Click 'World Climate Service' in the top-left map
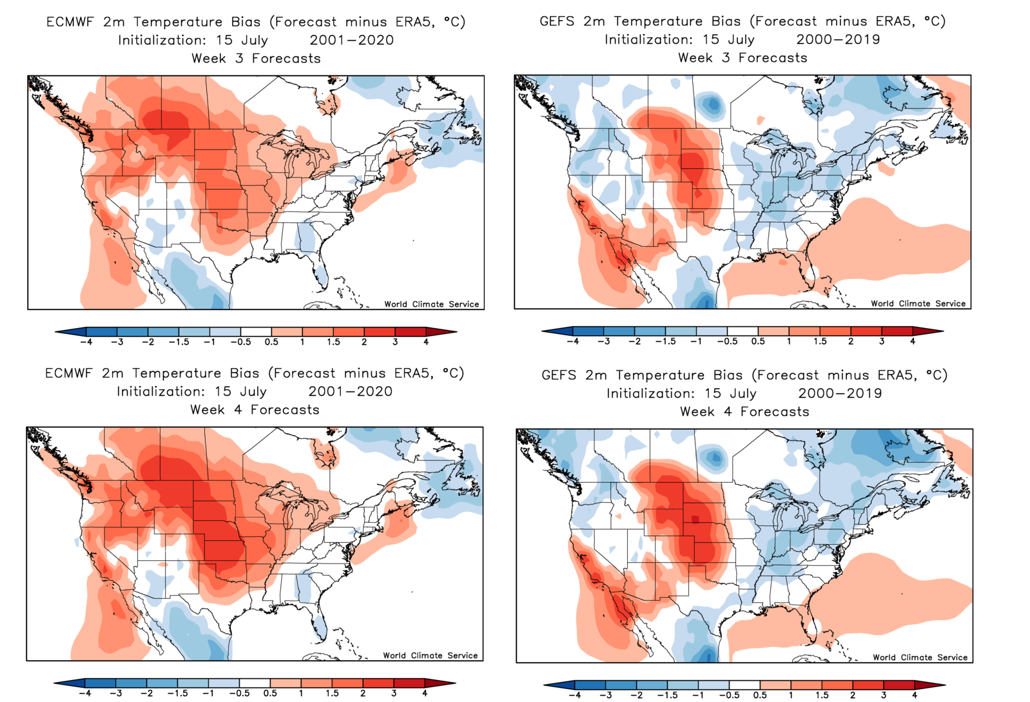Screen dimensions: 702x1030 tap(431, 304)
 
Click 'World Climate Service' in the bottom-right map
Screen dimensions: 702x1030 tap(920, 658)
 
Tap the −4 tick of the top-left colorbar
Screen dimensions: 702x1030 tap(86, 342)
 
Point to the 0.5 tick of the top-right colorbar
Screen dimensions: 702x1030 tap(758, 341)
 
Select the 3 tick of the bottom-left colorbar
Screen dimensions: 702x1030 tap(394, 693)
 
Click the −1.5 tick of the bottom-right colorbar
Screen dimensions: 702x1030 tap(667, 695)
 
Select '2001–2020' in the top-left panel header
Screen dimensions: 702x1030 tap(351, 40)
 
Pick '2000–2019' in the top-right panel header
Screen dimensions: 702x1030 tap(838, 39)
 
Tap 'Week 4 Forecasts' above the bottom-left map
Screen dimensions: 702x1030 tap(255, 410)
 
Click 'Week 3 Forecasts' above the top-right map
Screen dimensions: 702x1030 tap(743, 58)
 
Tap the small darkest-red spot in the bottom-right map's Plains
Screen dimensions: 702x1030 tap(695, 519)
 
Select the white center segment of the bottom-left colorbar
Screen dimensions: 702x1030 tap(255, 683)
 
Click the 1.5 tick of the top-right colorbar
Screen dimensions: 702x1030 tap(820, 341)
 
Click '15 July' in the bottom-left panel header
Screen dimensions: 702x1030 tap(240, 391)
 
